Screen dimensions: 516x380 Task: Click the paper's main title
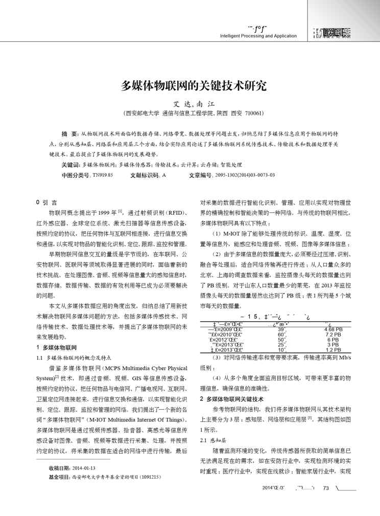point(190,84)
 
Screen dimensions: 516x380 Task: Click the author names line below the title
point(190,103)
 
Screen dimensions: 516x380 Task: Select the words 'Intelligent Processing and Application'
point(254,36)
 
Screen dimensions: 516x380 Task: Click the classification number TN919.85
point(102,175)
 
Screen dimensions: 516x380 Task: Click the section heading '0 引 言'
point(46,203)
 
